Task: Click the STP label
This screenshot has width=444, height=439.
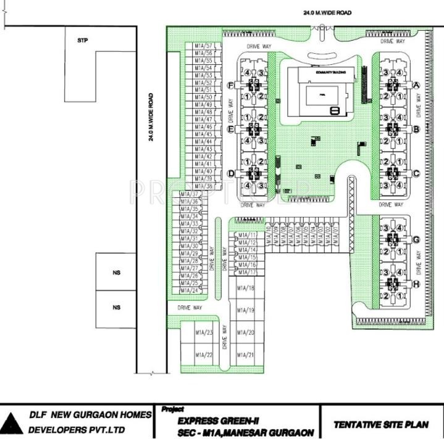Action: tap(82, 41)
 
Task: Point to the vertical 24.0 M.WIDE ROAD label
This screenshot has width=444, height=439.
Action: tap(151, 117)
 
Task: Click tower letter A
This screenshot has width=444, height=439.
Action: tap(416, 85)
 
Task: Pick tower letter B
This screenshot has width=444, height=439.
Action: tap(416, 129)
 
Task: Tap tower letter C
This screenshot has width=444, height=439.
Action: tap(416, 173)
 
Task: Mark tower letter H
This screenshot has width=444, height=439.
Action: tap(416, 284)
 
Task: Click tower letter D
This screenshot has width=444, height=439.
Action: tap(230, 173)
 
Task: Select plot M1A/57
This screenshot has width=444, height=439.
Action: tap(203, 46)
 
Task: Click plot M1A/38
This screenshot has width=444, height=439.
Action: tap(203, 186)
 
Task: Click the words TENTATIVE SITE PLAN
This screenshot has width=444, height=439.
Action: tap(380, 424)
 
